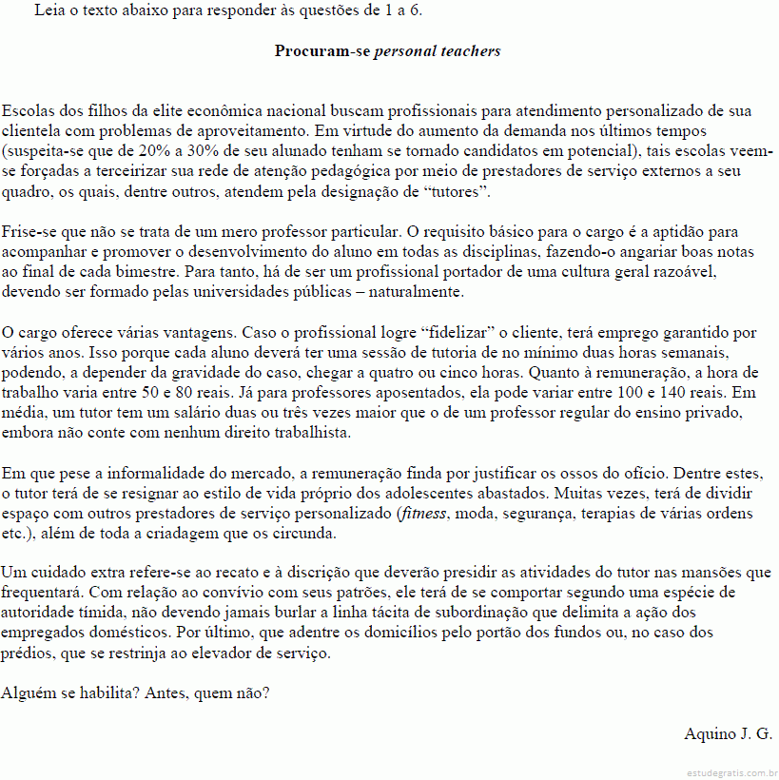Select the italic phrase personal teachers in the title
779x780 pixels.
click(438, 50)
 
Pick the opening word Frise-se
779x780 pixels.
click(29, 231)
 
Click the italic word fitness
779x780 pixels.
click(422, 514)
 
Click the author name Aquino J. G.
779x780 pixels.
click(728, 733)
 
